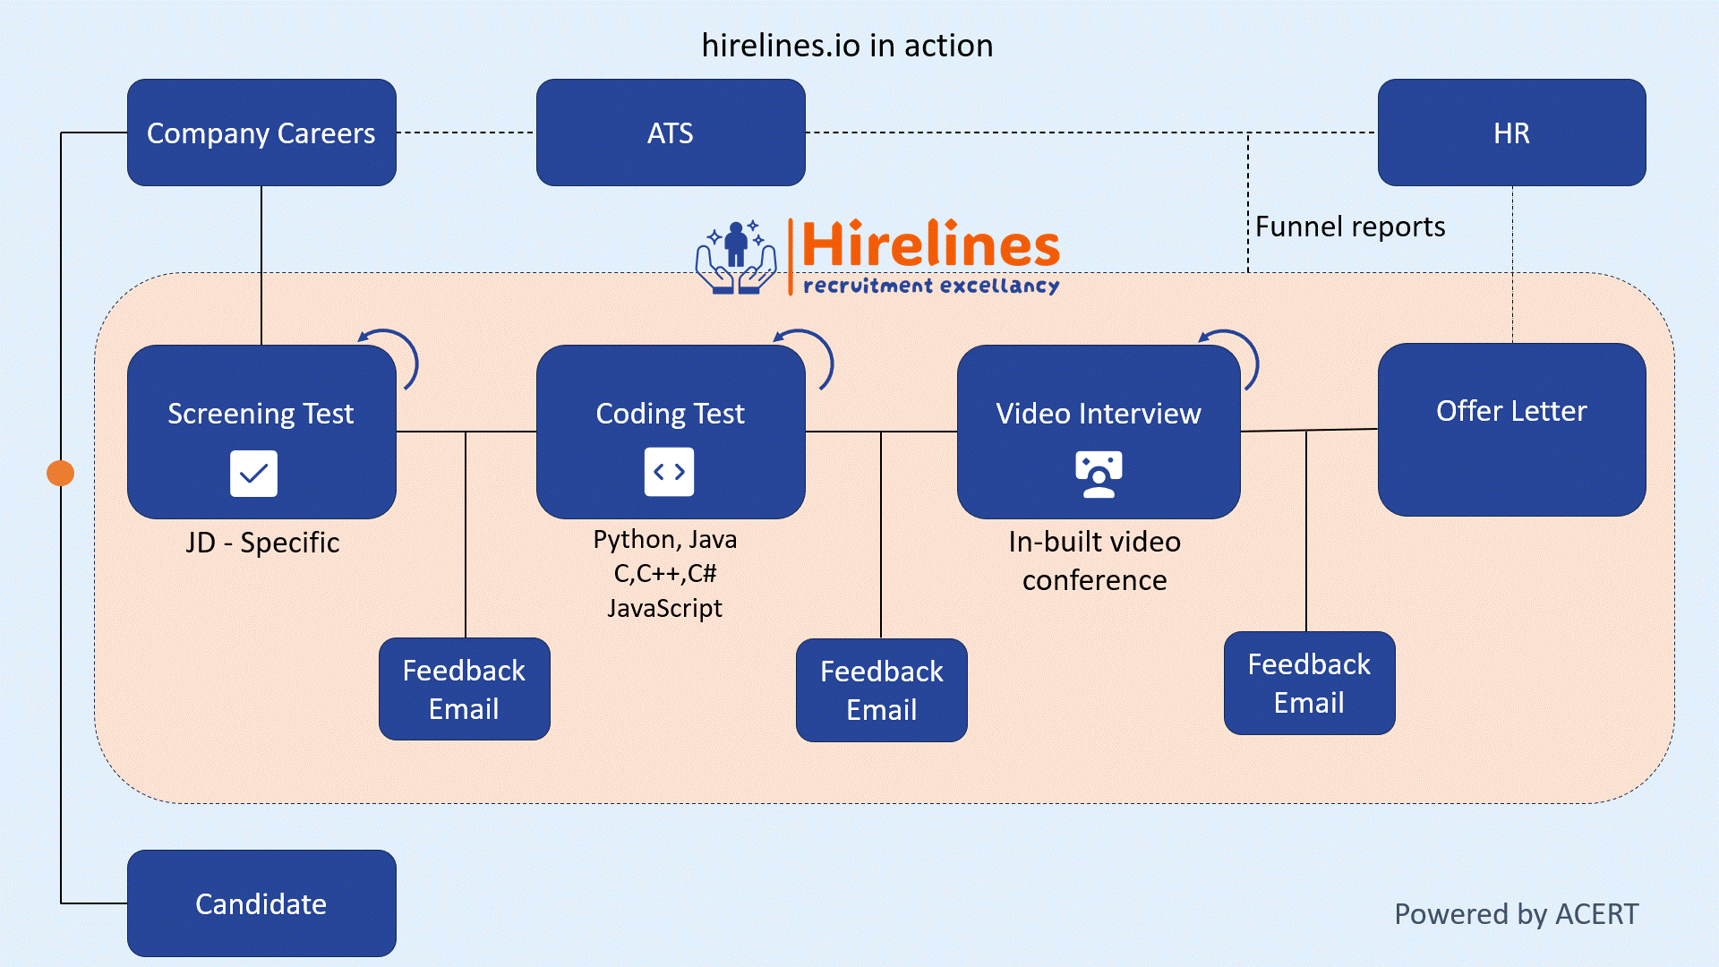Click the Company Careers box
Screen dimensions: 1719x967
point(261,133)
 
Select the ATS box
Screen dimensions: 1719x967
point(671,133)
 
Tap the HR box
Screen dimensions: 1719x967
point(1511,133)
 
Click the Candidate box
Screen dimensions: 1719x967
point(261,903)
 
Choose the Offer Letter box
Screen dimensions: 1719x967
point(1511,430)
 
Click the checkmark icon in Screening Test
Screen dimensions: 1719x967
point(253,473)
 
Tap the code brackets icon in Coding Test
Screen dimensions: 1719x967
point(669,472)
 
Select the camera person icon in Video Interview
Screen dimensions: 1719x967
point(1099,475)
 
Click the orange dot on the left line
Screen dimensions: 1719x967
point(61,473)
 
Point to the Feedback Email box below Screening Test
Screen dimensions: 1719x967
point(465,689)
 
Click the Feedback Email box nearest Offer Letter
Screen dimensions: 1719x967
point(1310,683)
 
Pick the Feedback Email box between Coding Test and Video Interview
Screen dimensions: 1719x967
point(882,690)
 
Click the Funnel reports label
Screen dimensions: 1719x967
point(1350,227)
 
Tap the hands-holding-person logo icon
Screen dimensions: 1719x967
point(736,257)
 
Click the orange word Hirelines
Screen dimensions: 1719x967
point(930,244)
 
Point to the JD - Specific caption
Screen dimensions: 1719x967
point(262,543)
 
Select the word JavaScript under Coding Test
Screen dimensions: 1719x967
point(664,608)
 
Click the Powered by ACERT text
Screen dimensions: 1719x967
point(1517,914)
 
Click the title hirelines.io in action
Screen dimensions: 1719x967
point(847,46)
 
